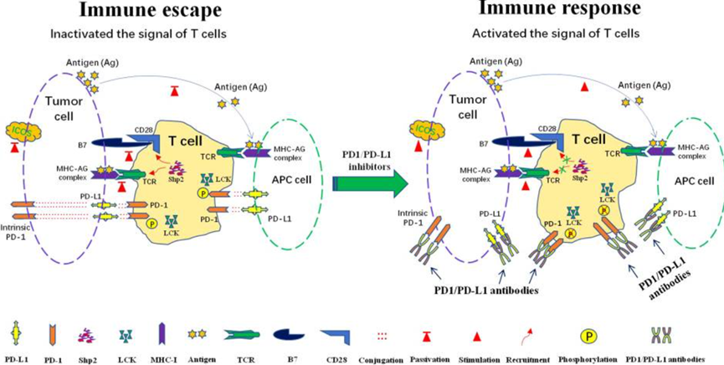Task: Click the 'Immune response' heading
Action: click(567, 11)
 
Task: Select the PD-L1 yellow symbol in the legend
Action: click(16, 334)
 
